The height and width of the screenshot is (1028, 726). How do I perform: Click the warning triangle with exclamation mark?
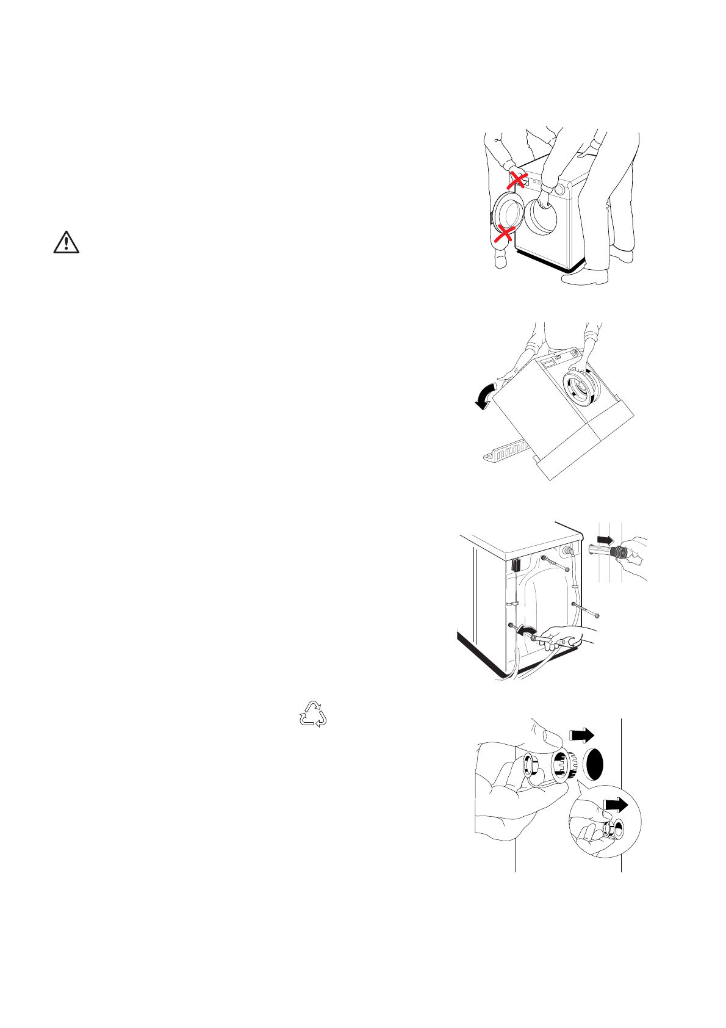click(66, 243)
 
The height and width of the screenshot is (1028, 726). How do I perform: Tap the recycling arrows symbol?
click(312, 714)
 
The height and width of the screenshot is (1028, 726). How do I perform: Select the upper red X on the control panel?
click(518, 179)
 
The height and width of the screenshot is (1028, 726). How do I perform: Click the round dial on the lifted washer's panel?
click(560, 190)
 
